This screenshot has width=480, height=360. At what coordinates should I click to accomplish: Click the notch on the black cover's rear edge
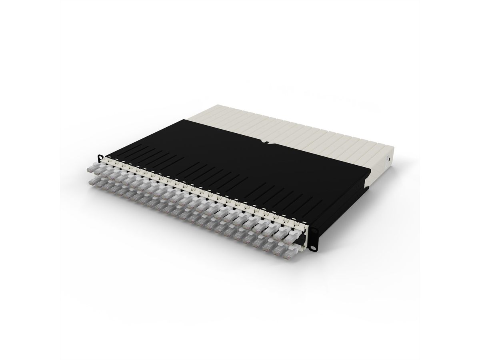point(264,141)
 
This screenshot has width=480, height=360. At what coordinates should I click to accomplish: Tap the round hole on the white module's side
point(388,160)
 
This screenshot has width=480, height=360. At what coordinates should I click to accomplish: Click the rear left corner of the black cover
point(185,119)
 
